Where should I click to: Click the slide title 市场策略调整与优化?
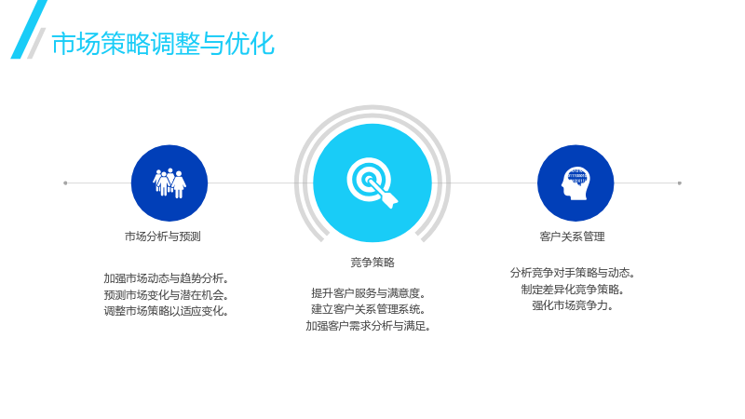point(163,44)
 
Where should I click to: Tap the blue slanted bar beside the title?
point(29,30)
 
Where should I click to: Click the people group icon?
point(169,182)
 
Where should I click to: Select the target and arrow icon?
point(372,182)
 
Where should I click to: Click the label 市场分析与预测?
point(162,237)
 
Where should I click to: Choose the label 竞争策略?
point(372,263)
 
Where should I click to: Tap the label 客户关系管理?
point(572,237)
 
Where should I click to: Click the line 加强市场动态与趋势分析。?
point(167,278)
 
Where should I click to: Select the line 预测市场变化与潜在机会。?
point(167,295)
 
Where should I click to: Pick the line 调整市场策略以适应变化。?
point(167,311)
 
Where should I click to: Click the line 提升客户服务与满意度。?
point(369,293)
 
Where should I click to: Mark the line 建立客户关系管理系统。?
point(369,309)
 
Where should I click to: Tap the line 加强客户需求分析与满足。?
point(369,326)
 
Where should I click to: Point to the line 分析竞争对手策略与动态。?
point(573,273)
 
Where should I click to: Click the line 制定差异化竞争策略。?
point(573,290)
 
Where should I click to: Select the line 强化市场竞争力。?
point(573,305)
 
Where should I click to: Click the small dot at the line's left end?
point(65,182)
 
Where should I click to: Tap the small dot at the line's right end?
point(680,182)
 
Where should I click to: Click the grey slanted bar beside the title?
point(36,43)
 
